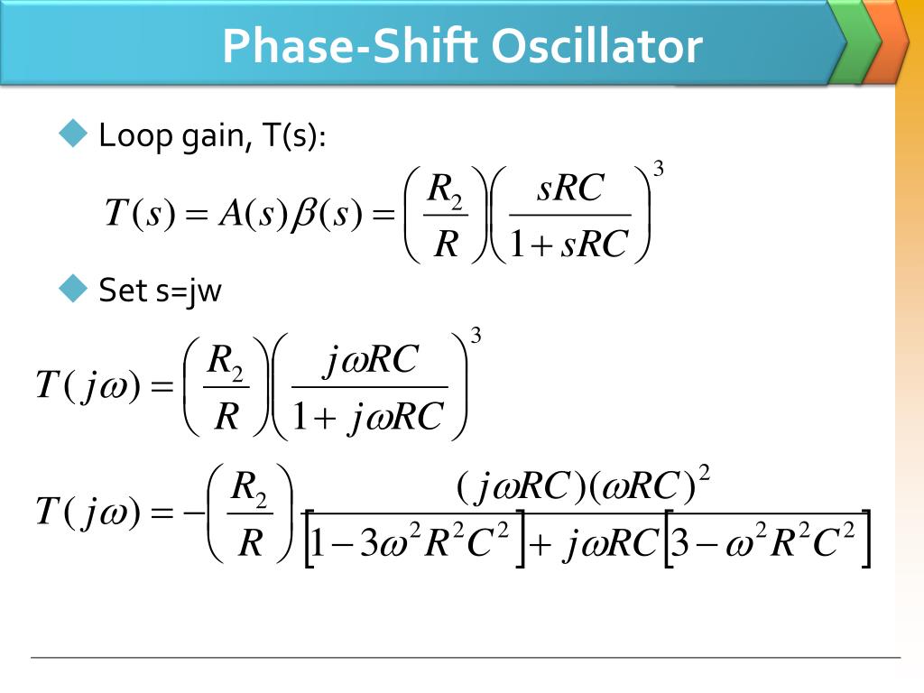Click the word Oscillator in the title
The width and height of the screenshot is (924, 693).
(600, 46)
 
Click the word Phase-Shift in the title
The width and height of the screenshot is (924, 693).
(350, 46)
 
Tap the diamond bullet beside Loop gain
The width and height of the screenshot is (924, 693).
(72, 135)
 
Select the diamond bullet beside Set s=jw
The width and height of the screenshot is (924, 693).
(72, 290)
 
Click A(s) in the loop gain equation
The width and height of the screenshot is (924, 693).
(252, 214)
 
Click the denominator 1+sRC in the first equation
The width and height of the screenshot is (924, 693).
(568, 245)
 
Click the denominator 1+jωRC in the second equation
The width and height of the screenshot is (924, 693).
(369, 416)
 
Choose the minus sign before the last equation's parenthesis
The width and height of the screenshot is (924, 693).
(190, 511)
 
